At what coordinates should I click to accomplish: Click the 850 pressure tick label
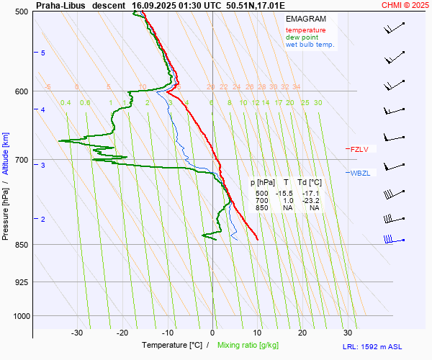coord(21,245)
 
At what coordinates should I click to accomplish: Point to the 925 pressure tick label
coord(21,282)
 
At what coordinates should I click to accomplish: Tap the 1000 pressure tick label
coord(19,316)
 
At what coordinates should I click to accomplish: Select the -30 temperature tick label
coord(77,333)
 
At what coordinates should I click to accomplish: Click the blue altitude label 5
coord(43,53)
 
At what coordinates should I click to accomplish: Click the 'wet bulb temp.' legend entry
coord(310,45)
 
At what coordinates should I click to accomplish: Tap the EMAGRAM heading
coord(305,19)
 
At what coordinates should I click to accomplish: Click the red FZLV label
coord(359,150)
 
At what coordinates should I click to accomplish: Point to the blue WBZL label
coord(359,173)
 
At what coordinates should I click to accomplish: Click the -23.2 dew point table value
coord(311,201)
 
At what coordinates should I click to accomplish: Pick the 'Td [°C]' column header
coord(310,183)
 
